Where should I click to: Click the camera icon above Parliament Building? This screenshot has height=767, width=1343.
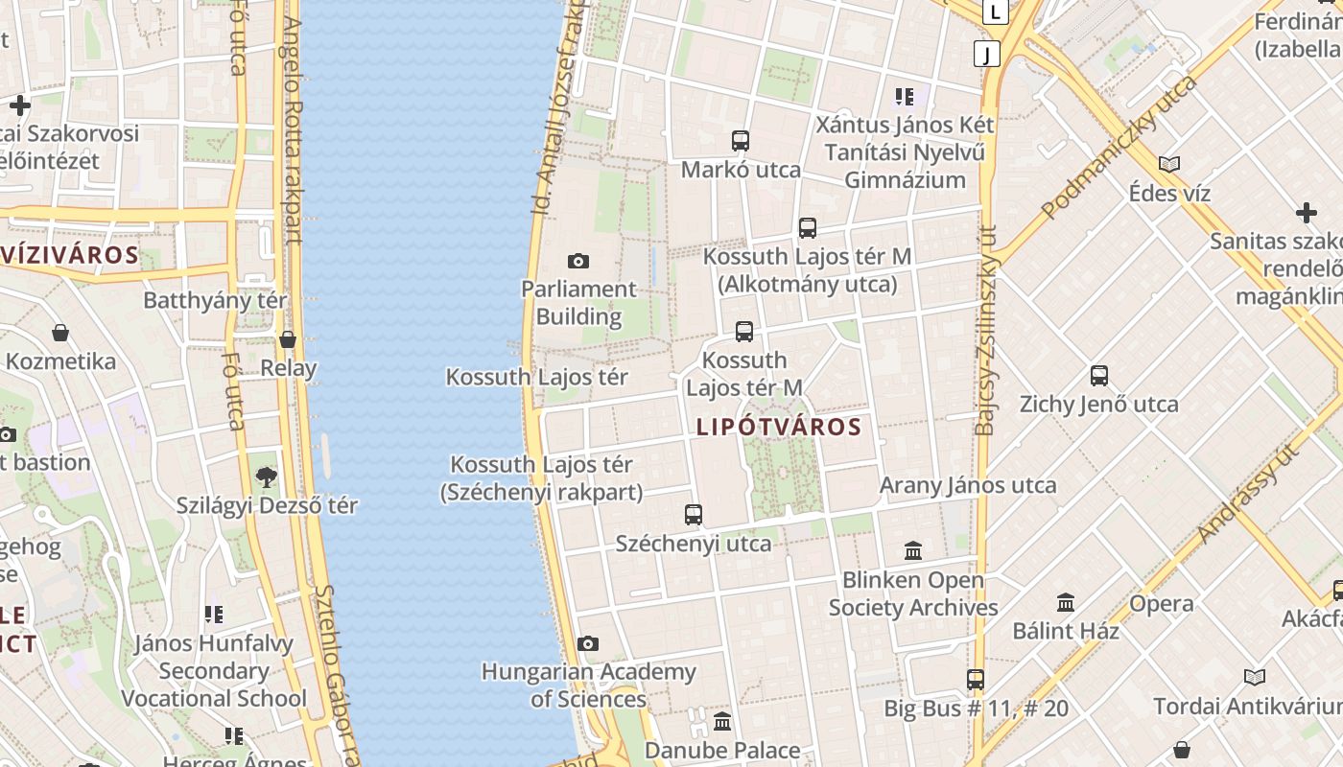578,261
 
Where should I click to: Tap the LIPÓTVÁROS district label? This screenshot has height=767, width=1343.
778,427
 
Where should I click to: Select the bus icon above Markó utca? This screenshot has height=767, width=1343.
741,141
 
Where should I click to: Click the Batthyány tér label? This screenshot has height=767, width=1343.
215,300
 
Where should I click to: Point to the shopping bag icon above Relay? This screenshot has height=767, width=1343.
288,339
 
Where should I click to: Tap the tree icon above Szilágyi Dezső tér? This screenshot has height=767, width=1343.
267,476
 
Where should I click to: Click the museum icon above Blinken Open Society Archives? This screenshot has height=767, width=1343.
913,551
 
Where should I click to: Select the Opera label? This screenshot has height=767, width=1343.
1162,604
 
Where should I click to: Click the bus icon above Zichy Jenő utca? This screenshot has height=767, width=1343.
1099,376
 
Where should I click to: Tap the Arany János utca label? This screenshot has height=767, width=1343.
968,485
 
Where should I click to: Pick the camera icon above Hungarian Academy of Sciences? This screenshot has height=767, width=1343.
588,643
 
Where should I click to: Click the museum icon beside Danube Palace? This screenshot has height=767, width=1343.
722,721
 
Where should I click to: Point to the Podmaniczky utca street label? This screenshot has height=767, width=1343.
1119,147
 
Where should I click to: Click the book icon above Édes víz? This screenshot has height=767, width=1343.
1169,164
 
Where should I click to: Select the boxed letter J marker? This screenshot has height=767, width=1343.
986,54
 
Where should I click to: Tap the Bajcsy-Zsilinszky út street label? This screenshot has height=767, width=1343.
986,331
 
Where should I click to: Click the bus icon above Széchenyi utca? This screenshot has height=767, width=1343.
694,515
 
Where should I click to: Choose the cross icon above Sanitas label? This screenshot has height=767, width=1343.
1306,212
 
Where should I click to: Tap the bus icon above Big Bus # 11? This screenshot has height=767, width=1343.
976,680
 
